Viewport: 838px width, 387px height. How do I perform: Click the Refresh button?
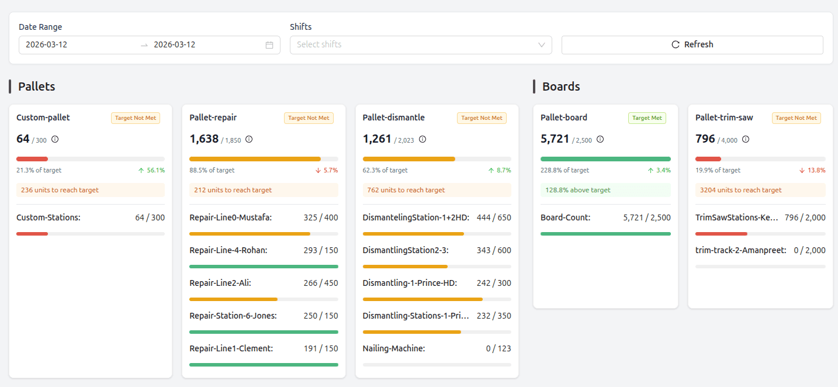692,44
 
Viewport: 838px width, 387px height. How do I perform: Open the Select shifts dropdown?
420,44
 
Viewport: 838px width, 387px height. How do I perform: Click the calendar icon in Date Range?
269,45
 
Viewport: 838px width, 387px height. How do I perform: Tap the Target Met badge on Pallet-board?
647,118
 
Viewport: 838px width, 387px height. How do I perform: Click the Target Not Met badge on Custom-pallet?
136,118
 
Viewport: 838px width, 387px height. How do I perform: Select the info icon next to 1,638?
249,139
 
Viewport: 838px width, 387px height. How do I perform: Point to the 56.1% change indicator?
151,171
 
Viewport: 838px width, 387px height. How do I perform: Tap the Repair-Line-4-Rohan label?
228,250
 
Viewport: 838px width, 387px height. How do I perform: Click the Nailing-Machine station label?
393,348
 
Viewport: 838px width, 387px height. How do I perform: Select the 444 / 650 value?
494,217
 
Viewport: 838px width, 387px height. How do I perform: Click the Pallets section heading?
36,87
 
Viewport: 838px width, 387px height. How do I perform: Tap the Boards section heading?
561,87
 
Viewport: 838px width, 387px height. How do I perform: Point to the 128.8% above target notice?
578,190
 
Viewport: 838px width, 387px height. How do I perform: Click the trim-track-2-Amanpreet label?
740,250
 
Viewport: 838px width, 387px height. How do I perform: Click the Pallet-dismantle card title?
393,118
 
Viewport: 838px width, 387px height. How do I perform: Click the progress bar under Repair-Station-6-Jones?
264,332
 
